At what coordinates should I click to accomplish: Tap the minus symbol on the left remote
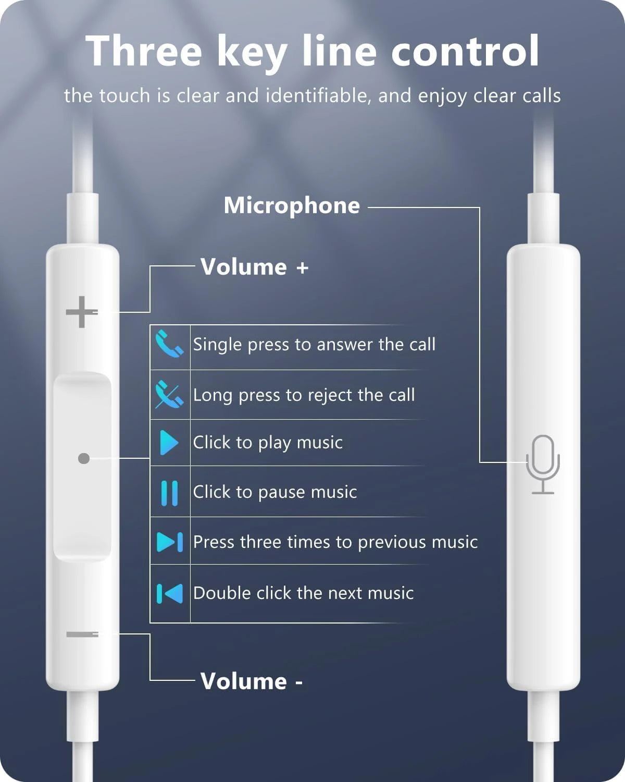pyautogui.click(x=82, y=634)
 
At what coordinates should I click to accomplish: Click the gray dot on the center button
pyautogui.click(x=83, y=458)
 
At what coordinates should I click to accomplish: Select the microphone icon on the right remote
pyautogui.click(x=543, y=464)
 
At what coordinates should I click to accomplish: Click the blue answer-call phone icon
pyautogui.click(x=169, y=344)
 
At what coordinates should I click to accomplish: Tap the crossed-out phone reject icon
pyautogui.click(x=169, y=395)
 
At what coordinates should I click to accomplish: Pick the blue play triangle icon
pyautogui.click(x=169, y=443)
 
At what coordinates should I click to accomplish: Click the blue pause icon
pyautogui.click(x=169, y=493)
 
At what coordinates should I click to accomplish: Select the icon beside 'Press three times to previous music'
pyautogui.click(x=170, y=542)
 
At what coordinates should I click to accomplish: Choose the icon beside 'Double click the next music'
pyautogui.click(x=170, y=593)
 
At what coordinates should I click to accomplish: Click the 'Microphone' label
pyautogui.click(x=292, y=205)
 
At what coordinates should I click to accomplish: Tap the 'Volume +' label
pyautogui.click(x=254, y=267)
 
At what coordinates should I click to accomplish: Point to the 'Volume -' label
pyautogui.click(x=251, y=681)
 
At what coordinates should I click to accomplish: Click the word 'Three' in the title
pyautogui.click(x=144, y=51)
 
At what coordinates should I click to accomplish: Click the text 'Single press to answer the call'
pyautogui.click(x=314, y=345)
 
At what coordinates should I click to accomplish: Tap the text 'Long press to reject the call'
pyautogui.click(x=304, y=395)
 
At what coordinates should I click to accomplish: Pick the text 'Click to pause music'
pyautogui.click(x=275, y=492)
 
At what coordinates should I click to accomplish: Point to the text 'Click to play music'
pyautogui.click(x=268, y=443)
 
